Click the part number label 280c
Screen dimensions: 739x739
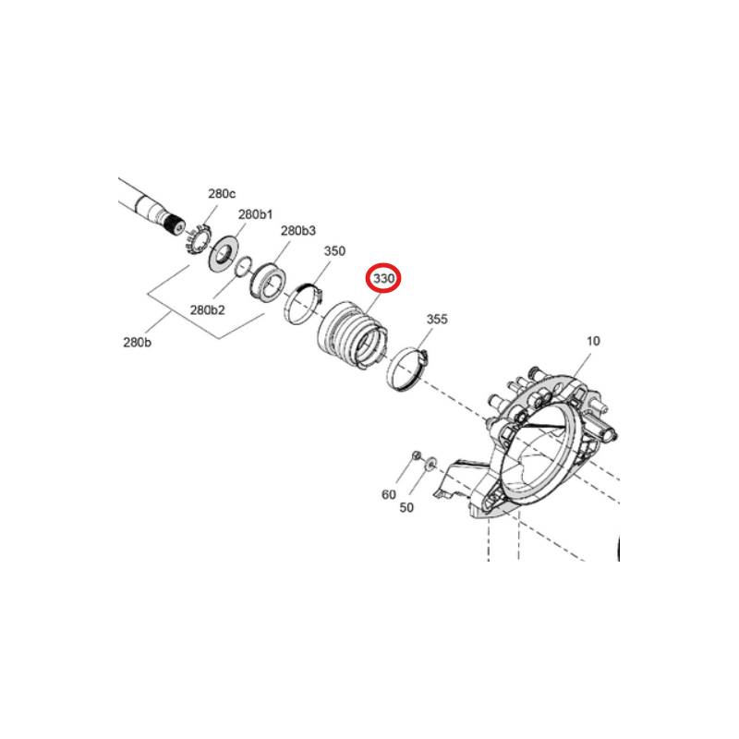coord(222,194)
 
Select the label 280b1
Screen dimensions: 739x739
coord(256,214)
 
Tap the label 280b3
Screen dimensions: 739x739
coord(298,230)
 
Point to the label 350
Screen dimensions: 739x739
coord(334,250)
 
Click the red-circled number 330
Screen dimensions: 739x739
coord(383,279)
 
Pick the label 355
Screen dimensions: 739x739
coord(437,319)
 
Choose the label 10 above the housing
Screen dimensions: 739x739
coord(593,341)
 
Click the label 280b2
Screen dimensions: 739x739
coord(207,310)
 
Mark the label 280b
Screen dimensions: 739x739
coord(137,342)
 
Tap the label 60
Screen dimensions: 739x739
coord(389,494)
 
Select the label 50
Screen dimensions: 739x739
coord(406,507)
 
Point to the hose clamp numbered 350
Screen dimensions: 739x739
coord(304,304)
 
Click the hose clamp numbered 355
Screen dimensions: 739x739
coord(406,369)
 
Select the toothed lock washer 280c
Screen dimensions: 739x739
coord(197,240)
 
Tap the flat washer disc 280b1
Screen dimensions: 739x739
coord(224,253)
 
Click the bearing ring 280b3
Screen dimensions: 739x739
coord(267,284)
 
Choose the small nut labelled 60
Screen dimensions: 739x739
coord(416,455)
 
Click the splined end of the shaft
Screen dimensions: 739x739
coord(174,225)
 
